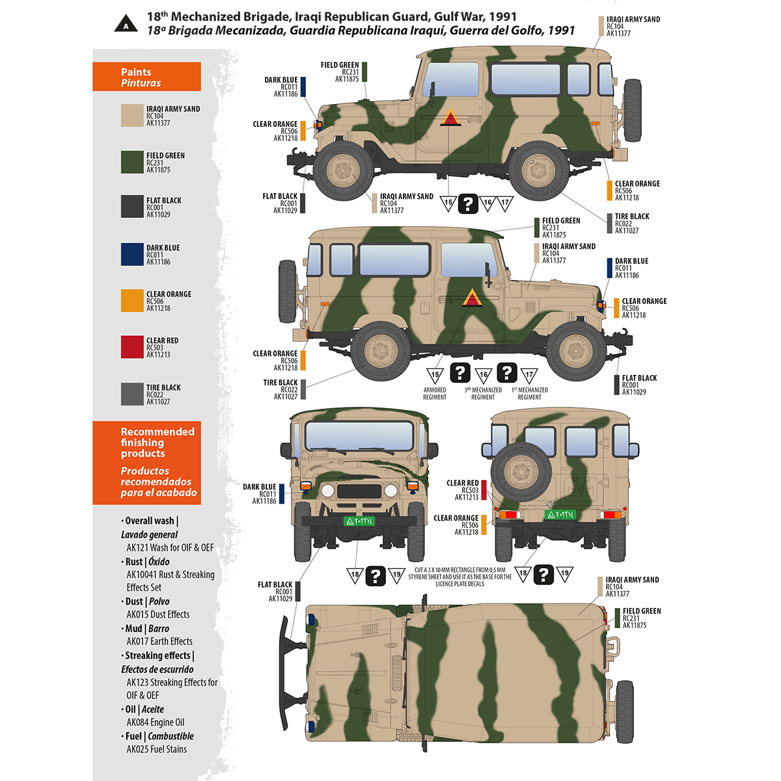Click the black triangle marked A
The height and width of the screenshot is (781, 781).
126,24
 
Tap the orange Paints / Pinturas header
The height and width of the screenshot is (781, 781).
146,77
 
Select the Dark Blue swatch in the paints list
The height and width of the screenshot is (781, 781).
132,254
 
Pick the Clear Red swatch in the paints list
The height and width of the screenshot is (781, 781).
132,347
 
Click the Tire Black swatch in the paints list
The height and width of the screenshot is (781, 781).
132,394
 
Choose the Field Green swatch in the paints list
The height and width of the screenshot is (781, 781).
132,162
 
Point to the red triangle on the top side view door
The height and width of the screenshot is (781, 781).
450,118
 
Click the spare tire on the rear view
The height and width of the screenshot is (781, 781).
521,471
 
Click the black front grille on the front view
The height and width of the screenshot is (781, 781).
359,491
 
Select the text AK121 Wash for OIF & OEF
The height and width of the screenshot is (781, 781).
170,548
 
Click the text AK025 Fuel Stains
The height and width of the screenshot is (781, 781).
156,749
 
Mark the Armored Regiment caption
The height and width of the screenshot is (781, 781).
435,394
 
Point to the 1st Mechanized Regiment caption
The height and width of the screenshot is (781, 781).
529,394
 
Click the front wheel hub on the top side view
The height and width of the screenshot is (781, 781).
343,171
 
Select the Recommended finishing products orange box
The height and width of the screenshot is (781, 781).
146,463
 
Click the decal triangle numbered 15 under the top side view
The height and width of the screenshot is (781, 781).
448,204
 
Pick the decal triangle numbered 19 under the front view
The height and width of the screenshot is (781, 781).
396,575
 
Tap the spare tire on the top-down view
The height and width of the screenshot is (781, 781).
625,712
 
